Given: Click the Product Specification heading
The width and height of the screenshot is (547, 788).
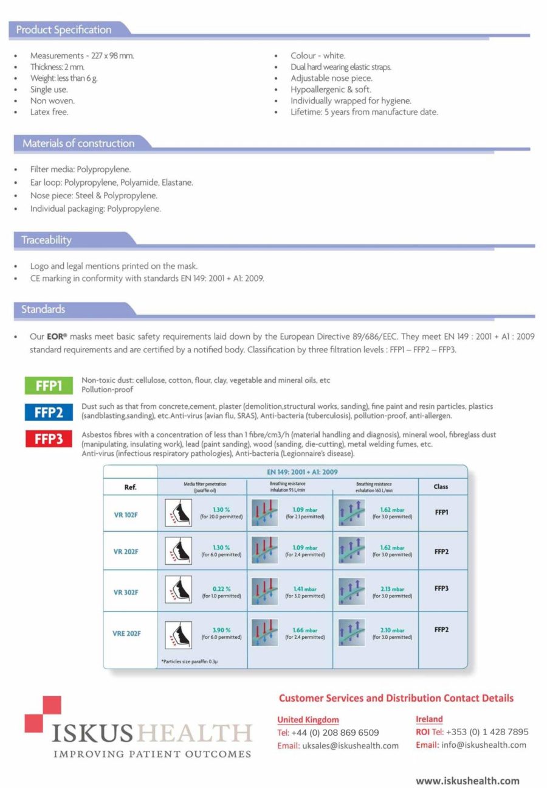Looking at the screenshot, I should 64,30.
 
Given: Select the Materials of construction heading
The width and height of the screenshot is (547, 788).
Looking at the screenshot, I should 78,144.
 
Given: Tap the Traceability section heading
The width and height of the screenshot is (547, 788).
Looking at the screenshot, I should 46,240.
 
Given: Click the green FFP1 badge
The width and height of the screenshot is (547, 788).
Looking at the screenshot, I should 49,385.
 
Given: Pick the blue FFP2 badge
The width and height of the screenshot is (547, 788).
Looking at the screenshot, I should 49,412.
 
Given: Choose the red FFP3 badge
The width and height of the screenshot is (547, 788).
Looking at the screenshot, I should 49,439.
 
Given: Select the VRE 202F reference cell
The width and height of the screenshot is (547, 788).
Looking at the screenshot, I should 126,633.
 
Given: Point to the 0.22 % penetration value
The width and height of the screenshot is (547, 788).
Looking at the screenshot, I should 221,588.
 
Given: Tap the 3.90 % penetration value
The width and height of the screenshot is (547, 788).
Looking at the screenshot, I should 221,630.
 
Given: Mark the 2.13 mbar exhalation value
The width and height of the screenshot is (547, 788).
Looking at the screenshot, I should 392,588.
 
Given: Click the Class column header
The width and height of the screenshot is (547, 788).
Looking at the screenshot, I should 441,487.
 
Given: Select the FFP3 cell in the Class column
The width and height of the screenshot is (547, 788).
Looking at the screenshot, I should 442,588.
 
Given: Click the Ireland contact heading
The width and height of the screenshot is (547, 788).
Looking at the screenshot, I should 429,719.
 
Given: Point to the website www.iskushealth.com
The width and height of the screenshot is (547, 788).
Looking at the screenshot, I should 467,781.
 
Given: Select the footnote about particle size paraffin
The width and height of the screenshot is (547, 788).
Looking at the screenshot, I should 190,661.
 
